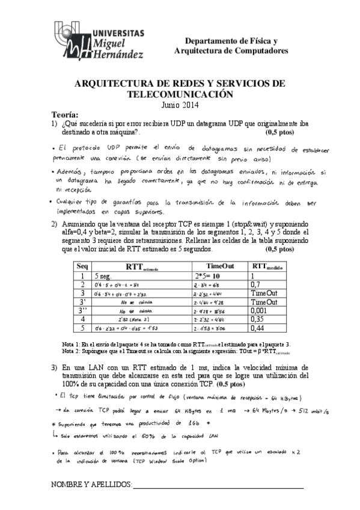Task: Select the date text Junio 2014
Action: tap(180, 104)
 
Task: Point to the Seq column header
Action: tap(82, 266)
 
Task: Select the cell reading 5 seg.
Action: tap(105, 275)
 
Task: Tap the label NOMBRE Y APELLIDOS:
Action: tap(91, 485)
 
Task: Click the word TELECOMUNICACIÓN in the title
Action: tap(180, 94)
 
